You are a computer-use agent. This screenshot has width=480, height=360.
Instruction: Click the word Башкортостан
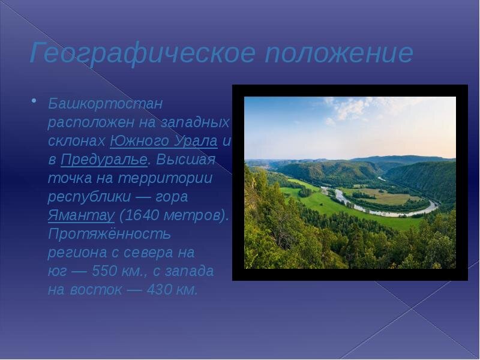[105, 103]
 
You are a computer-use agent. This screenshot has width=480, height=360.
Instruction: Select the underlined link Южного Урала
[164, 141]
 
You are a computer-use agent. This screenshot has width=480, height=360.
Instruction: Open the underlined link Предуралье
[104, 160]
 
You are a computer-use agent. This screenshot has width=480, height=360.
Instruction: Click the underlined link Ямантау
[81, 215]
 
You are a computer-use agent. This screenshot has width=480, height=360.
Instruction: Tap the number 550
[104, 271]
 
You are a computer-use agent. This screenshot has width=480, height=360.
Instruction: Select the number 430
[159, 290]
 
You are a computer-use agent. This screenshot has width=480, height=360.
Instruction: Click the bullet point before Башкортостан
[34, 100]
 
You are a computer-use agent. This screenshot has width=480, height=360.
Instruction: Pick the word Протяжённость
[109, 234]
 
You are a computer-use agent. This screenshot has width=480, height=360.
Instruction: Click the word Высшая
[186, 160]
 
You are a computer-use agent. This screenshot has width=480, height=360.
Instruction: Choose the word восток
[96, 290]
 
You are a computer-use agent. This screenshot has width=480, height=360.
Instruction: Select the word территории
[165, 178]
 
